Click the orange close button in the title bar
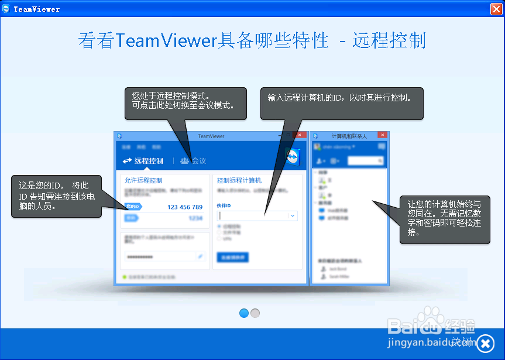pyautogui.click(x=495, y=9)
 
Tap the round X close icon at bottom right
pyautogui.click(x=485, y=343)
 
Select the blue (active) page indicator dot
pyautogui.click(x=244, y=313)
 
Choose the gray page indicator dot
pyautogui.click(x=255, y=313)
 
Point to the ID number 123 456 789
pyautogui.click(x=185, y=207)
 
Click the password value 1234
pyautogui.click(x=195, y=218)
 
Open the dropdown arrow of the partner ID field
pyautogui.click(x=293, y=215)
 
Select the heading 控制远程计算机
pyautogui.click(x=239, y=180)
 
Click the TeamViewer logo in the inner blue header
pyautogui.click(x=293, y=157)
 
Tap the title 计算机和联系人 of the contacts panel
pyautogui.click(x=349, y=136)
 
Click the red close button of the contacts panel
pyautogui.click(x=382, y=135)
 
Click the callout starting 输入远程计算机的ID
pyautogui.click(x=342, y=104)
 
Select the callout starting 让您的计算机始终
pyautogui.click(x=445, y=218)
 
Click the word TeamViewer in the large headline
pyautogui.click(x=166, y=40)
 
